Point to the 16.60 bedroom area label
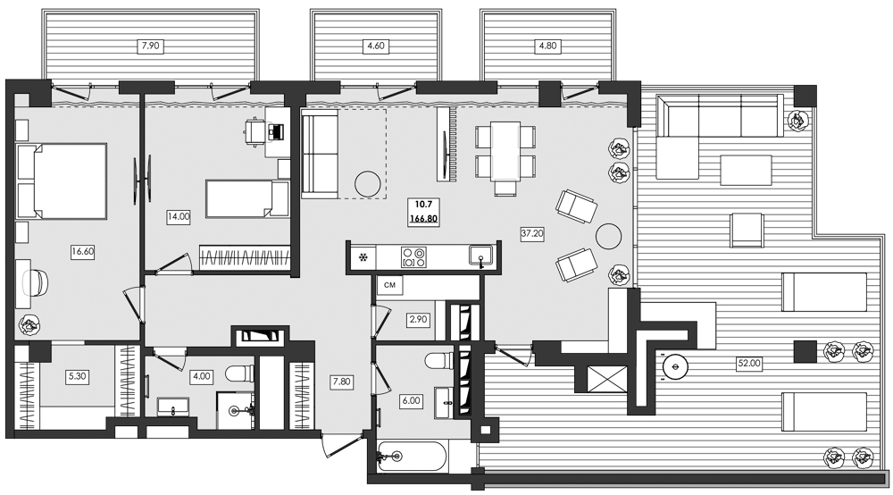pyautogui.click(x=82, y=252)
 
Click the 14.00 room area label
pyautogui.click(x=178, y=216)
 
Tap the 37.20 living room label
pyautogui.click(x=533, y=232)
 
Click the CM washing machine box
pyautogui.click(x=389, y=285)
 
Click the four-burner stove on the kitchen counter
pyautogui.click(x=413, y=257)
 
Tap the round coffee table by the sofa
pyautogui.click(x=368, y=184)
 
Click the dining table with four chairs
pyautogui.click(x=505, y=155)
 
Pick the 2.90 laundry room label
pyautogui.click(x=418, y=318)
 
